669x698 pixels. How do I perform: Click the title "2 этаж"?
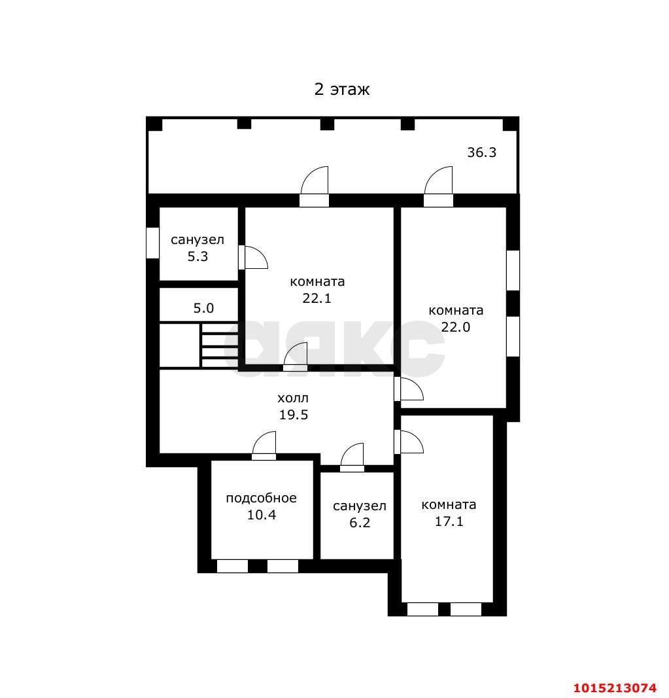(342, 90)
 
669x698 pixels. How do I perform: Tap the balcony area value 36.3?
(481, 152)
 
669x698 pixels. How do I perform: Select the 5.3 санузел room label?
(197, 248)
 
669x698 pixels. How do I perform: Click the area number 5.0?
(203, 308)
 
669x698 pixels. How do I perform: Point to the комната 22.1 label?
(317, 290)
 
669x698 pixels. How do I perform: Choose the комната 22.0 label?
(456, 319)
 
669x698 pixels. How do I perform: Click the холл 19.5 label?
(294, 406)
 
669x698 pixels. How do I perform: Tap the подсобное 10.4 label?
(262, 506)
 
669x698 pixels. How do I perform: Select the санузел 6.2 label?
(360, 514)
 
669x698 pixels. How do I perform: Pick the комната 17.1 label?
(449, 513)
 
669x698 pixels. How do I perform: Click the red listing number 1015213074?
(615, 688)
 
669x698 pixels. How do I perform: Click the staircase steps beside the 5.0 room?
(220, 345)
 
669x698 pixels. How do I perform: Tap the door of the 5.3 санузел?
(253, 258)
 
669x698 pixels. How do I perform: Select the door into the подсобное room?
(264, 445)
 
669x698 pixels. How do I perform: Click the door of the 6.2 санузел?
(352, 457)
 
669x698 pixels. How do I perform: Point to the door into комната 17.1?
(409, 442)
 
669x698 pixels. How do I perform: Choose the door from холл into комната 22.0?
(409, 389)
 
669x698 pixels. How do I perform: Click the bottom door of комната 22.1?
(296, 357)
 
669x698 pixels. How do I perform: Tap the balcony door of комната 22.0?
(438, 186)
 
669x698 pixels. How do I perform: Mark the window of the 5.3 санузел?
(152, 243)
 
